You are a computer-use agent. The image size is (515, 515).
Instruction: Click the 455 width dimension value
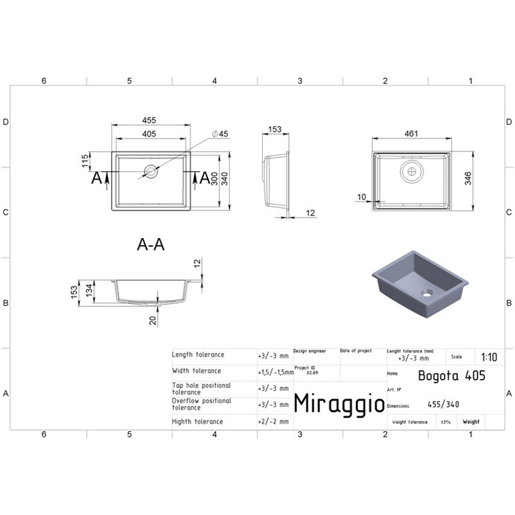click(149, 120)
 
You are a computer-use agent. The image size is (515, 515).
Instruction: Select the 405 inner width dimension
click(149, 134)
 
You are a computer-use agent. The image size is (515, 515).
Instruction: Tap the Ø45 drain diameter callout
click(220, 134)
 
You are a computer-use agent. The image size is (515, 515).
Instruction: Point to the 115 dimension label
click(85, 161)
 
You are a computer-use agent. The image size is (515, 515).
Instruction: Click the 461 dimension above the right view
click(411, 134)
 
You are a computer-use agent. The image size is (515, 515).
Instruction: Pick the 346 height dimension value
click(468, 178)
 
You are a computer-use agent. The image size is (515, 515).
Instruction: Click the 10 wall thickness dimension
click(361, 197)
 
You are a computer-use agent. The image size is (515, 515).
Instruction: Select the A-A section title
click(151, 245)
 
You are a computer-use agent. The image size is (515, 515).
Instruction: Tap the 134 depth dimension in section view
click(90, 290)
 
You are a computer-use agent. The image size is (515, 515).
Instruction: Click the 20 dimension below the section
click(153, 320)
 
